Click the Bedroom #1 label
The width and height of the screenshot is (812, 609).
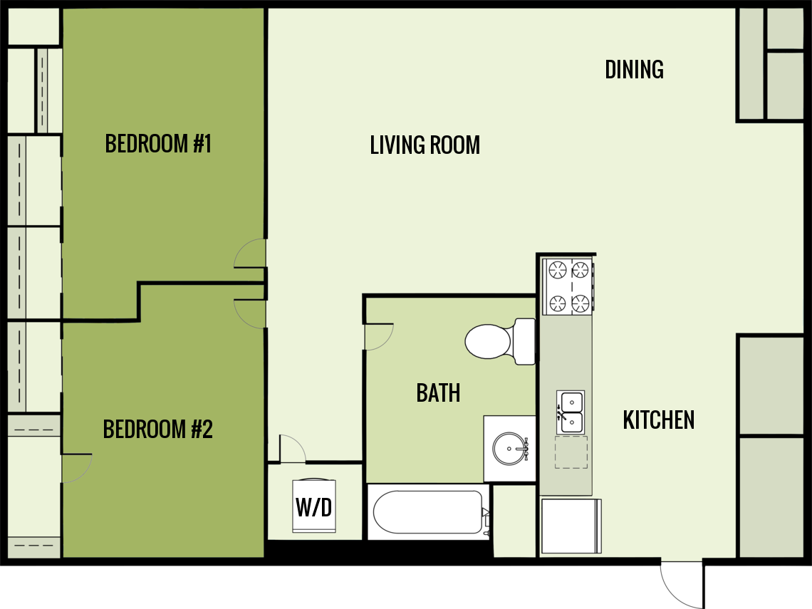click(x=158, y=144)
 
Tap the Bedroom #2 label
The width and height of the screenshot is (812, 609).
click(x=158, y=430)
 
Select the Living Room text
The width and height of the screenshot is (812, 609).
click(x=425, y=145)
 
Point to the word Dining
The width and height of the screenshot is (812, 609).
click(x=634, y=70)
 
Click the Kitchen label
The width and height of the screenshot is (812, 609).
click(x=658, y=420)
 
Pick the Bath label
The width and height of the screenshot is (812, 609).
click(x=438, y=393)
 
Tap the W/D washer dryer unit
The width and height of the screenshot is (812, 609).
click(x=314, y=506)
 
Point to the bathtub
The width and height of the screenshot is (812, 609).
click(x=428, y=511)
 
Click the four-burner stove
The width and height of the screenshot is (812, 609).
click(x=568, y=286)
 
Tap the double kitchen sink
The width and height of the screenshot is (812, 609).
click(x=570, y=412)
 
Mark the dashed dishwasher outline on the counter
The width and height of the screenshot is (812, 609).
click(x=571, y=452)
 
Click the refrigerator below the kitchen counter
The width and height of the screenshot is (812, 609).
click(x=571, y=526)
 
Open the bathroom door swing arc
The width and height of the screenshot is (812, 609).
click(x=377, y=338)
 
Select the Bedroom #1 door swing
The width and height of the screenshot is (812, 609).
click(x=249, y=255)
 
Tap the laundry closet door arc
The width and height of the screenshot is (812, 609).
click(x=292, y=449)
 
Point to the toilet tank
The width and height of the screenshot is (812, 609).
click(x=524, y=342)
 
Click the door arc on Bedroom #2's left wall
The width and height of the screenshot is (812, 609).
click(x=76, y=468)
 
